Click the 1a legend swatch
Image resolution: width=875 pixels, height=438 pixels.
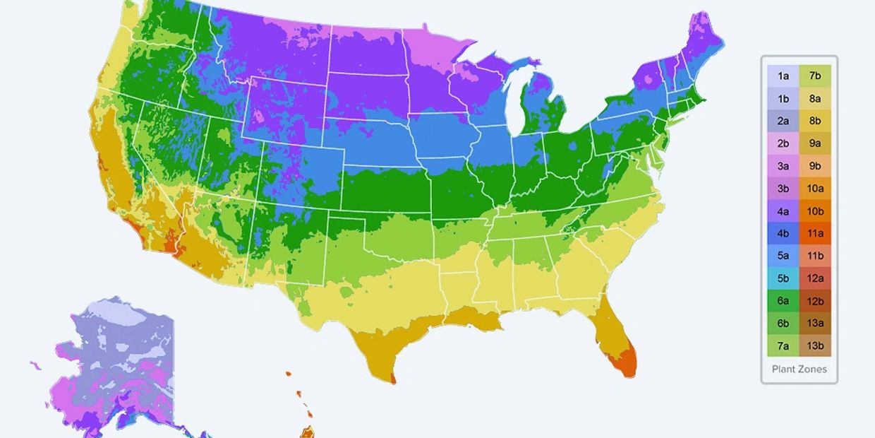(x=783, y=76)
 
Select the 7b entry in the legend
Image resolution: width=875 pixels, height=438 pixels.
(x=815, y=76)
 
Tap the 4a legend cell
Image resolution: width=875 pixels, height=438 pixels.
(x=783, y=211)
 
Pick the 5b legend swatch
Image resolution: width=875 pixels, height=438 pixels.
(x=783, y=278)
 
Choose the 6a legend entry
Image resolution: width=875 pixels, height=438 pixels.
(x=783, y=300)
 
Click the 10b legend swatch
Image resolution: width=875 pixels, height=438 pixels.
(x=815, y=211)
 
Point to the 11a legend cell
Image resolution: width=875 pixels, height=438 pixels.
(x=815, y=233)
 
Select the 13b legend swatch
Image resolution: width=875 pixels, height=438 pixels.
(x=815, y=345)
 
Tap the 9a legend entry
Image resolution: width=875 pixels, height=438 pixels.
(x=815, y=143)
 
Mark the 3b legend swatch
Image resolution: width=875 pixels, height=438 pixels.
(x=783, y=188)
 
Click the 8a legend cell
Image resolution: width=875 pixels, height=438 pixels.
(x=815, y=98)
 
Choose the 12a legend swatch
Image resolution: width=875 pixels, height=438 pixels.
(x=815, y=278)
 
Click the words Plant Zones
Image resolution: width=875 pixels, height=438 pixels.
(x=799, y=369)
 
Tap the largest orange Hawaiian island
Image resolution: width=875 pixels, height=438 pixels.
(x=308, y=431)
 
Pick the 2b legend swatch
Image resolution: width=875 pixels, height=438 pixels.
(x=783, y=143)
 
